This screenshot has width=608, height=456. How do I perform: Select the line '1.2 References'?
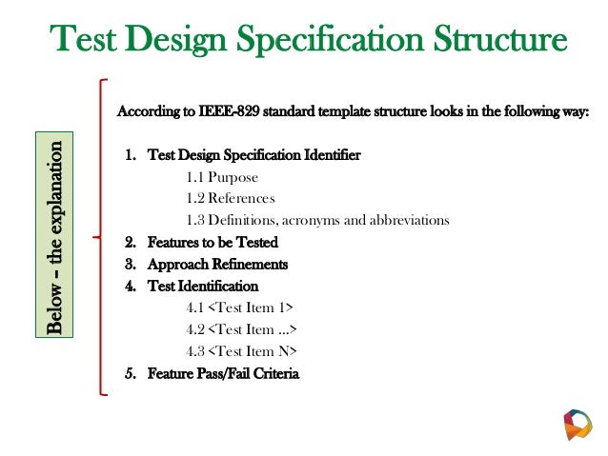click(x=231, y=198)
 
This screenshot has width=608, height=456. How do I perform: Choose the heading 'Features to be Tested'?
click(x=213, y=242)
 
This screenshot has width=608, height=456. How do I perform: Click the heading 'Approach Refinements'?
click(x=217, y=264)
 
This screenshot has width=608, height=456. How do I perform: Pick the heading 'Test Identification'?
click(x=203, y=286)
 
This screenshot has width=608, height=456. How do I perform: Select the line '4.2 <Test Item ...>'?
click(x=242, y=330)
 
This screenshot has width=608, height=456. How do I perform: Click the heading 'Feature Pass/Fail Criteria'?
click(x=223, y=373)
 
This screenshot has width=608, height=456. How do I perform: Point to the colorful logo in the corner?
click(x=578, y=424)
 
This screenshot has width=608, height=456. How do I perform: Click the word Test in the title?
click(x=84, y=41)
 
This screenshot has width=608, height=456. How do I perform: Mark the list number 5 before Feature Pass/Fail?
click(x=129, y=373)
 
